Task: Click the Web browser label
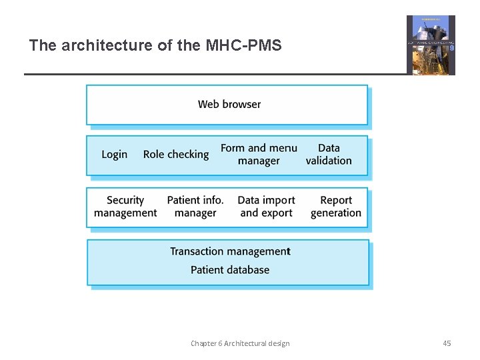coord(229,104)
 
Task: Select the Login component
coord(115,154)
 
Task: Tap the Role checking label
coord(176,154)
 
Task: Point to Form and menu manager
coord(259,154)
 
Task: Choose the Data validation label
coord(329,154)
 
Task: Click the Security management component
coord(125,207)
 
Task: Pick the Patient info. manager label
coord(195,207)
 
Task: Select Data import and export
coord(266,207)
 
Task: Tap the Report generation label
coord(336,207)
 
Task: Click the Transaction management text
coord(230,251)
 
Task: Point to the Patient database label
coord(230,270)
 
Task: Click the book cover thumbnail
coord(431,45)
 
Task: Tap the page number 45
coord(447,343)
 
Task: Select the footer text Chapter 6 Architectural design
coord(240,343)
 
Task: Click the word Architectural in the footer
coord(248,343)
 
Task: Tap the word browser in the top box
coord(241,104)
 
